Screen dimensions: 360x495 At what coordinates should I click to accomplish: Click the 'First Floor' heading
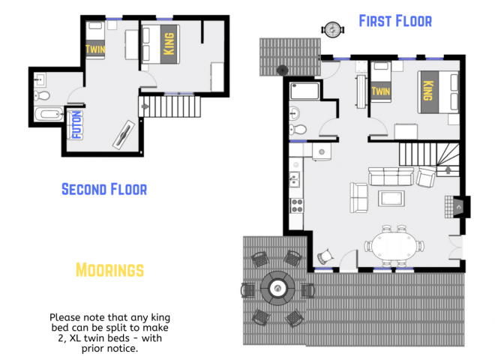[394, 20]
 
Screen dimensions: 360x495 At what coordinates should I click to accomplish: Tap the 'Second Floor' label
[103, 188]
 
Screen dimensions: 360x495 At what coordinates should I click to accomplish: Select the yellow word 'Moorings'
[109, 268]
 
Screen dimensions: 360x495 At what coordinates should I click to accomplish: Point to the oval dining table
[393, 244]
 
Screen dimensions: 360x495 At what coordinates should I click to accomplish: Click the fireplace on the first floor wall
[458, 205]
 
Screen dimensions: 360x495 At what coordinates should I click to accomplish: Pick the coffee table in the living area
[391, 199]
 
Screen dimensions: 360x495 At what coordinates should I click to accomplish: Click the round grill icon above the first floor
[331, 30]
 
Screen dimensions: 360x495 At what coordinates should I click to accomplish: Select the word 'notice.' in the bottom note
[120, 348]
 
